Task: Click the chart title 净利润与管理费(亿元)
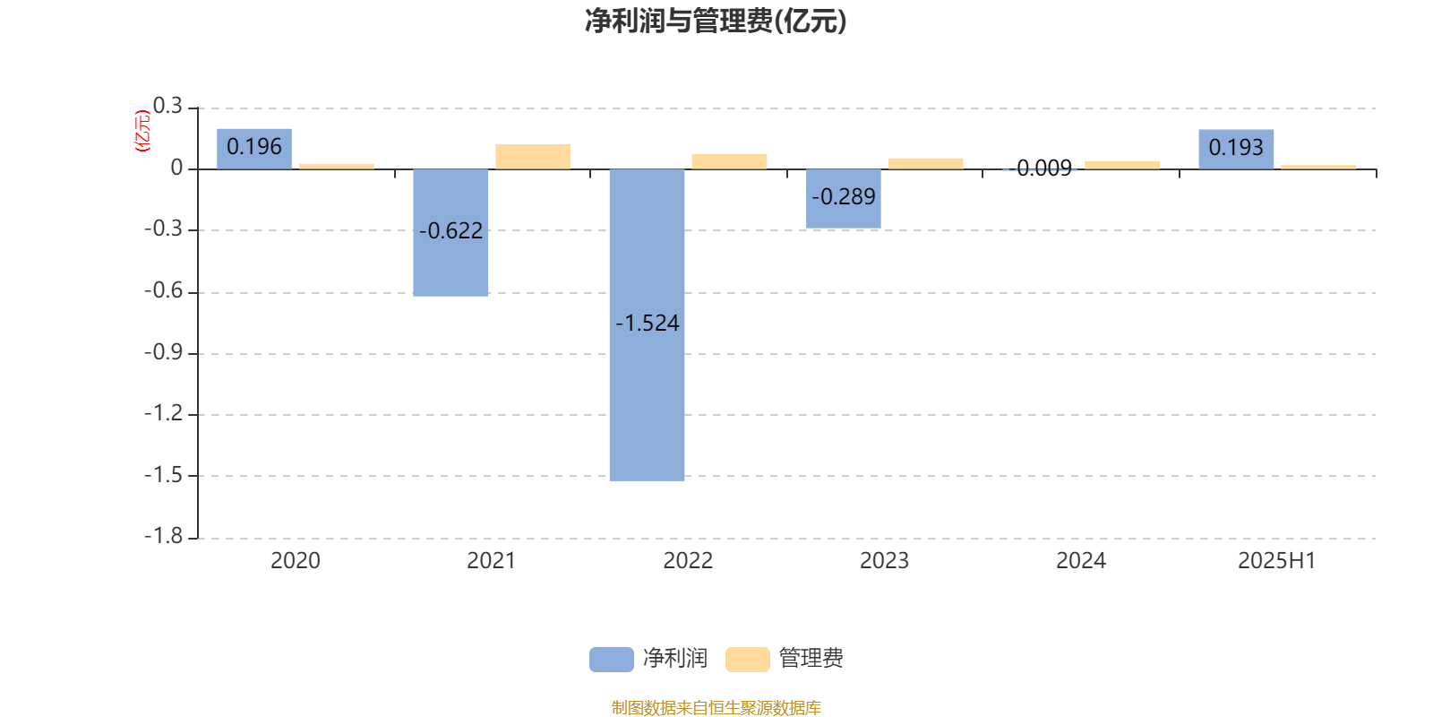point(716,22)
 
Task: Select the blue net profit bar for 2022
point(647,324)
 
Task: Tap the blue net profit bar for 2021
point(450,232)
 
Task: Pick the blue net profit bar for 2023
point(843,198)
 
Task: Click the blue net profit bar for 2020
point(254,149)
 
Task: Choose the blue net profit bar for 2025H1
point(1236,149)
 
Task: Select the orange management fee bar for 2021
point(533,157)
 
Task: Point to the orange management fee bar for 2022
point(729,161)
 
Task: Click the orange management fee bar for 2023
point(926,164)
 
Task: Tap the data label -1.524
point(647,324)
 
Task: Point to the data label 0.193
point(1236,148)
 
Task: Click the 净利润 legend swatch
point(612,660)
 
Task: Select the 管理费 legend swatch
point(747,660)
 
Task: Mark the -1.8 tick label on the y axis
point(163,537)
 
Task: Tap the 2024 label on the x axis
point(1080,561)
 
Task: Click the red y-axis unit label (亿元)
point(142,131)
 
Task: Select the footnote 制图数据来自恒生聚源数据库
point(716,707)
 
